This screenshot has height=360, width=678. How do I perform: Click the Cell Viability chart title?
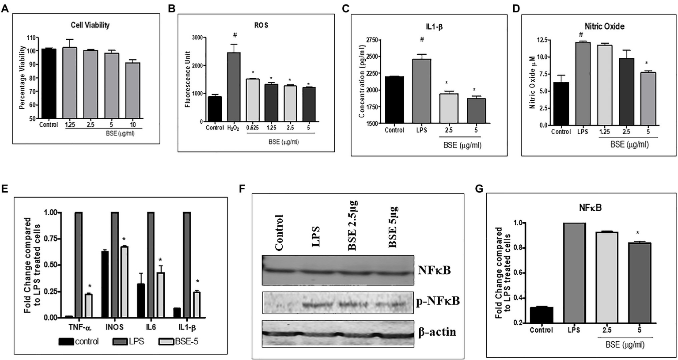[90, 25]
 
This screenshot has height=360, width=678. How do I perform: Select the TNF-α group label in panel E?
[80, 328]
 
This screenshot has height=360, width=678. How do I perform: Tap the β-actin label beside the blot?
[438, 332]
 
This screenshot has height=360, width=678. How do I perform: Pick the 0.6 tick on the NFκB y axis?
[513, 273]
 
